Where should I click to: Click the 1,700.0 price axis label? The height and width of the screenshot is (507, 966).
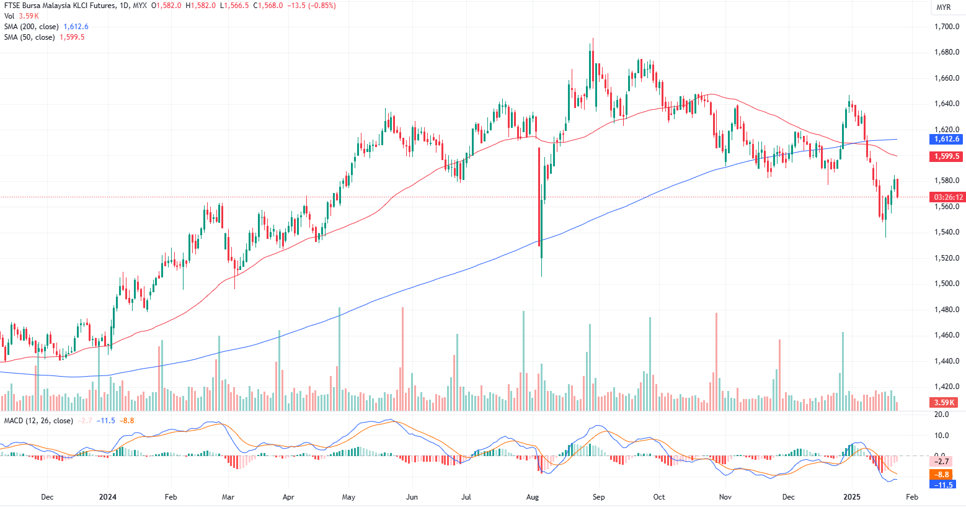pos(947,27)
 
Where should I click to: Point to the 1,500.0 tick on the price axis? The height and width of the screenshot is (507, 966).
pos(947,284)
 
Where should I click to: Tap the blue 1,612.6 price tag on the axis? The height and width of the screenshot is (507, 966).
pos(946,139)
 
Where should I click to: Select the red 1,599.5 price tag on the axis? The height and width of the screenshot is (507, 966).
pos(946,156)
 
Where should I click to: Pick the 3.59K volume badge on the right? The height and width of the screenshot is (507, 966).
pos(945,403)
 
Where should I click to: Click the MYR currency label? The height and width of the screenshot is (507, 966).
pos(943,7)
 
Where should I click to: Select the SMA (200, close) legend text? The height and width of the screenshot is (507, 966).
pos(31,27)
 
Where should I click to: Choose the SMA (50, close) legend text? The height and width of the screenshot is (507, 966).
pos(29,37)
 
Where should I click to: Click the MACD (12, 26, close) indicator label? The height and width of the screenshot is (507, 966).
pos(38,421)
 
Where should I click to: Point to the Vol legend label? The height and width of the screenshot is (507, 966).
pos(9,16)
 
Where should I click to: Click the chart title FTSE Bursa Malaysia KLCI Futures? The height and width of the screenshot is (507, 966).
pos(60,6)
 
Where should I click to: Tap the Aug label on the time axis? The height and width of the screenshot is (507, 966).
pos(532,497)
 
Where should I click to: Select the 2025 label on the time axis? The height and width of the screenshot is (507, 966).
pos(852,497)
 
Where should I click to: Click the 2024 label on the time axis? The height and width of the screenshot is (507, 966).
pos(108,497)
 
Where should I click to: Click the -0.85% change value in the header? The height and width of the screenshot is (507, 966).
pos(323,6)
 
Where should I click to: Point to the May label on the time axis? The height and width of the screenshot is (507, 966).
pos(348,497)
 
